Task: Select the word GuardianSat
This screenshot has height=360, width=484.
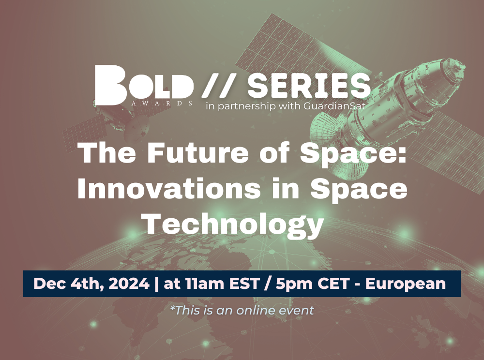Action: coord(334,106)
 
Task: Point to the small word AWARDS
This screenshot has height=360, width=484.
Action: coord(162,103)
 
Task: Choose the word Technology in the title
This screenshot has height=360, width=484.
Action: coord(234,225)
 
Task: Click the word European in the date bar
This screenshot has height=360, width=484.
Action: coord(405,284)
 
